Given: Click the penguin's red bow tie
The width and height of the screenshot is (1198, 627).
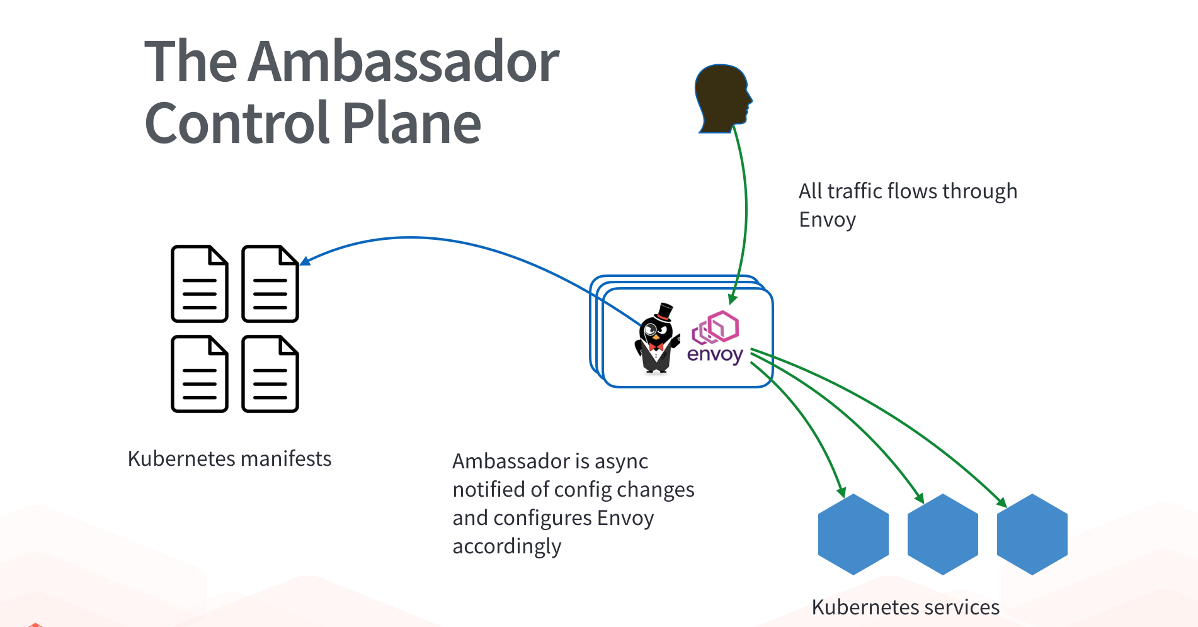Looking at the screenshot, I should (x=656, y=346).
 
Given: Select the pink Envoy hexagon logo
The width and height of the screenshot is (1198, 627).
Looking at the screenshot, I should (x=716, y=327).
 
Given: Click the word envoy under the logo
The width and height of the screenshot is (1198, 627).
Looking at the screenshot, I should (x=715, y=355).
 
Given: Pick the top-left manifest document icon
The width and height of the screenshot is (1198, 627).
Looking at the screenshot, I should (x=200, y=284).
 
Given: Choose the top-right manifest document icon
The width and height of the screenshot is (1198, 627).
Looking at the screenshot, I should (x=270, y=284).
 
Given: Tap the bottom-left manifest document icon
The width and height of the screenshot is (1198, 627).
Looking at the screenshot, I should (x=200, y=375).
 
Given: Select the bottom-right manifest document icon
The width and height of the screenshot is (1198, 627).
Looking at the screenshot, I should (x=270, y=375).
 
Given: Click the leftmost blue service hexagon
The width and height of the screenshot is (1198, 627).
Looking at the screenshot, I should (x=853, y=534).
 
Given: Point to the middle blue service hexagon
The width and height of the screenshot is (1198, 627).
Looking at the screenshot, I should (x=943, y=534).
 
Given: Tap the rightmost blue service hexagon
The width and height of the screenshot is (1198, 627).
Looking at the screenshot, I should (x=1032, y=534).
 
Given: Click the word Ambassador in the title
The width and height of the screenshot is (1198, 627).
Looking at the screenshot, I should (x=404, y=62).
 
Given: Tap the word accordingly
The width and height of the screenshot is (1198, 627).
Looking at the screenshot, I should (x=506, y=546).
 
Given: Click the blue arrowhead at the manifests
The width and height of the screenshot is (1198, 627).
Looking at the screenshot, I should (x=305, y=261).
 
